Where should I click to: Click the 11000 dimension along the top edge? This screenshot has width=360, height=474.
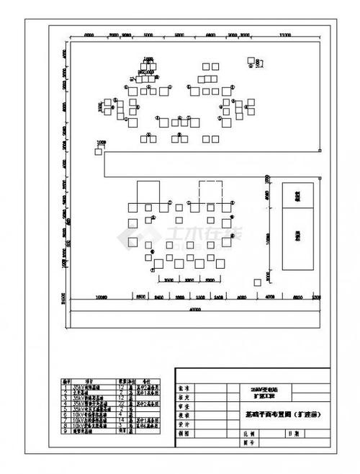(285, 35)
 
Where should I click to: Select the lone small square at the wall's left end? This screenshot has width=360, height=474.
(98, 151)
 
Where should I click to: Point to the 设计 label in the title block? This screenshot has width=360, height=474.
(185, 426)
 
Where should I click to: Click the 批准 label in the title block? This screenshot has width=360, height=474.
(185, 387)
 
